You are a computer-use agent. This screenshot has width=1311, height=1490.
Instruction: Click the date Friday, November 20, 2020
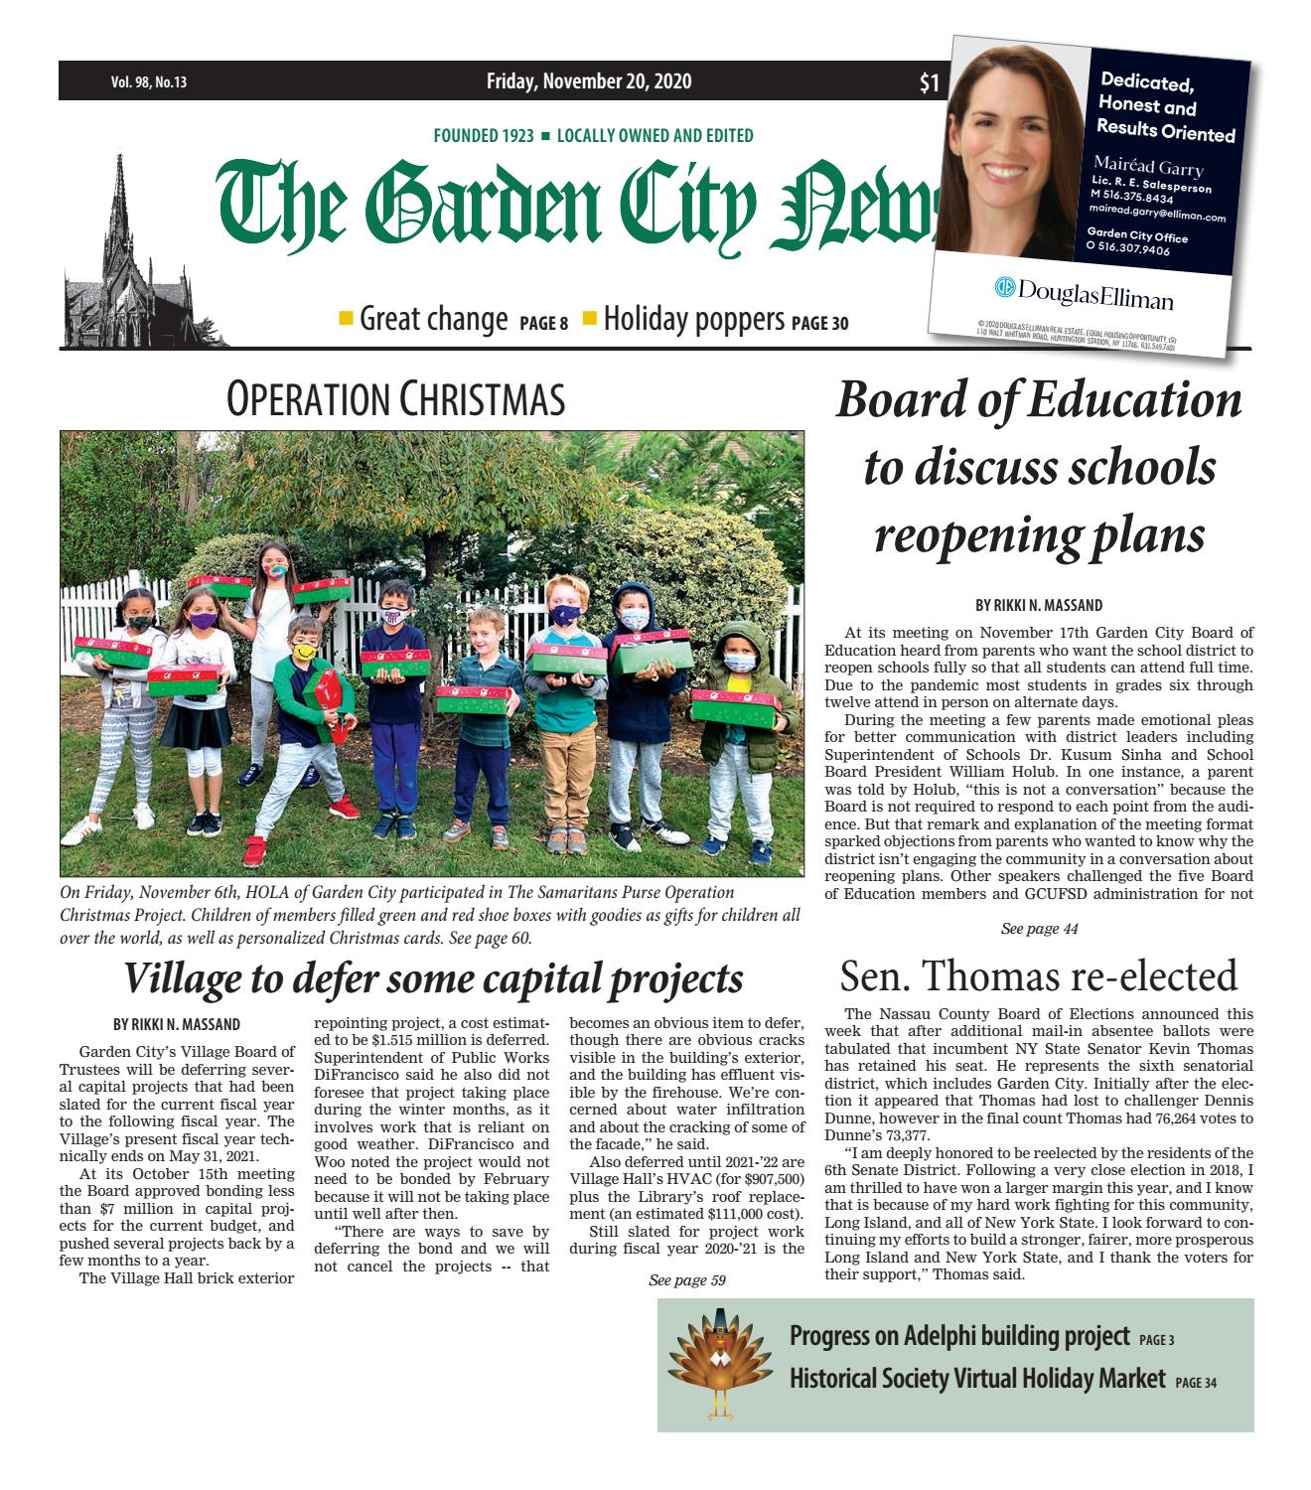pyautogui.click(x=589, y=81)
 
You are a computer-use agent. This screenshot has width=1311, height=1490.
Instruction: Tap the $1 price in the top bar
pyautogui.click(x=929, y=84)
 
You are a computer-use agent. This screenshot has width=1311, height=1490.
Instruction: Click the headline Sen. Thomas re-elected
pyautogui.click(x=1038, y=975)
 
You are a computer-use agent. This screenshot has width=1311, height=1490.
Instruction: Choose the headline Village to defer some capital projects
pyautogui.click(x=432, y=978)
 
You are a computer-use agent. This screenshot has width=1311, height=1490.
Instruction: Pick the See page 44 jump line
pyautogui.click(x=1039, y=929)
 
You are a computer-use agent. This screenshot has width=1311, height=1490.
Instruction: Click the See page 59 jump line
pyautogui.click(x=686, y=1280)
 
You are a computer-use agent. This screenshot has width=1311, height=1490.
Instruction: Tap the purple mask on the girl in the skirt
pyautogui.click(x=203, y=620)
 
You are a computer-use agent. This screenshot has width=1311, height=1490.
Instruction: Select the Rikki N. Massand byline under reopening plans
pyautogui.click(x=1038, y=605)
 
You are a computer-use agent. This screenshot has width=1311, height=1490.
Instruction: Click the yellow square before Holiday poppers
pyautogui.click(x=590, y=319)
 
